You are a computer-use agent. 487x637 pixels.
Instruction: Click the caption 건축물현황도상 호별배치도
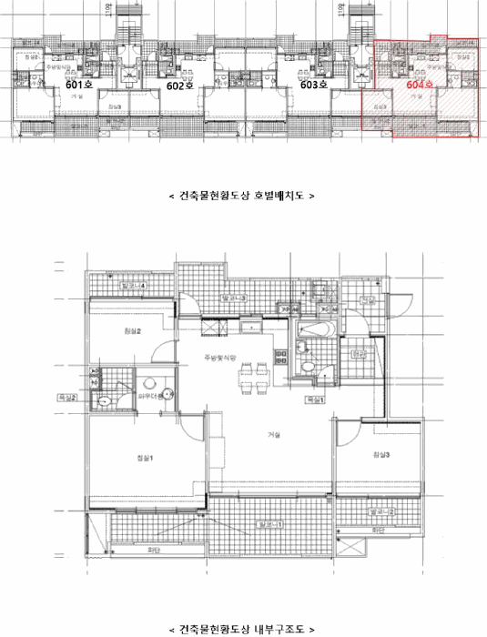242,195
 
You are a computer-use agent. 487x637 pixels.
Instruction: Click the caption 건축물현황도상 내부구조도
242,629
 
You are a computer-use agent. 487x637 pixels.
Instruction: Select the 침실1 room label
145,457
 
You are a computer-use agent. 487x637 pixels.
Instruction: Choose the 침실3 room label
380,454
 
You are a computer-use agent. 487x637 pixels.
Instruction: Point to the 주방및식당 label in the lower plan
219,359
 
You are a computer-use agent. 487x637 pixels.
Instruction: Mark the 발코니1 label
271,524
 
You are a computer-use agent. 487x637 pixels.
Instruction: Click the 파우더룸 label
148,397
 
